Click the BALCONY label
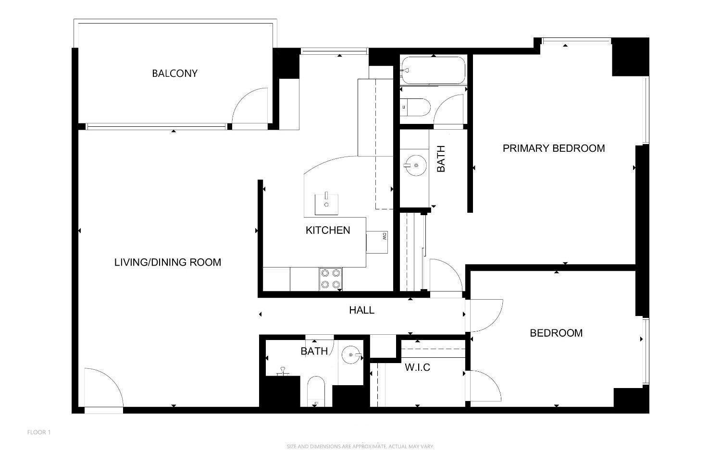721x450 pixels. [x=175, y=73]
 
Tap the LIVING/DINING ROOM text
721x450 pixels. [x=168, y=262]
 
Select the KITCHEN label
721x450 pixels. [x=328, y=230]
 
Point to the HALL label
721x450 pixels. [x=362, y=310]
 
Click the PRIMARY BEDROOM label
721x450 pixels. [x=554, y=148]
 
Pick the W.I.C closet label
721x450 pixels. [x=418, y=367]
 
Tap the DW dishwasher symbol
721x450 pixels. [x=377, y=242]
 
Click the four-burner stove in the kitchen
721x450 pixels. [x=331, y=279]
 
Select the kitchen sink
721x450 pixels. [x=326, y=204]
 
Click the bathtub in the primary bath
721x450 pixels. [x=433, y=71]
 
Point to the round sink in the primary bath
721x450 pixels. [x=415, y=165]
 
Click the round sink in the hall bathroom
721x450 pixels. [x=351, y=355]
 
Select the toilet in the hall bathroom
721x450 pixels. [x=316, y=391]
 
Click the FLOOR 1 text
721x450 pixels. [x=39, y=432]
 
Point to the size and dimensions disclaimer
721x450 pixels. [x=360, y=447]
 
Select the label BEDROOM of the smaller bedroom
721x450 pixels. [x=556, y=333]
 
